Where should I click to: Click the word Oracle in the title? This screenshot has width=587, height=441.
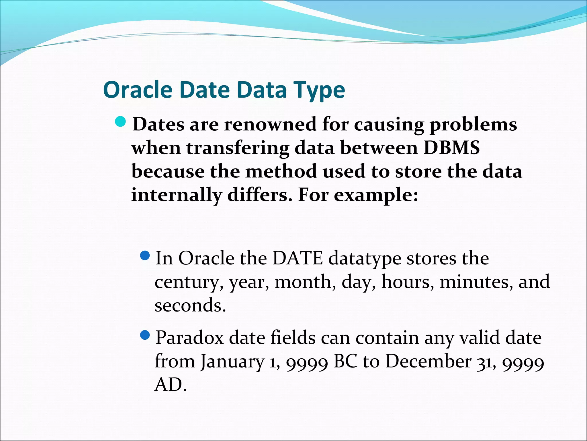coord(138,90)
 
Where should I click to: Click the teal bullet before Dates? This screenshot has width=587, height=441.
coord(120,122)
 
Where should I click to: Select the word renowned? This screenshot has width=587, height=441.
coord(270,125)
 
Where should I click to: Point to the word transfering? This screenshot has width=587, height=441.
coord(238,148)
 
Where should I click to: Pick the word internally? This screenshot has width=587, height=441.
coord(176,195)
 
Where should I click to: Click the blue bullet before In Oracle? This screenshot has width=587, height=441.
coord(146,255)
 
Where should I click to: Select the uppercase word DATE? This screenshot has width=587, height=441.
coord(298,258)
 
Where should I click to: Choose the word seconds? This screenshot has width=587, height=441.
coord(190,305)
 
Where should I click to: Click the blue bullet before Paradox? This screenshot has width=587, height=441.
coord(146,334)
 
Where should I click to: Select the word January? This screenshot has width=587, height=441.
coord(232,362)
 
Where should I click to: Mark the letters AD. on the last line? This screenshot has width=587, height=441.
coord(170,385)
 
